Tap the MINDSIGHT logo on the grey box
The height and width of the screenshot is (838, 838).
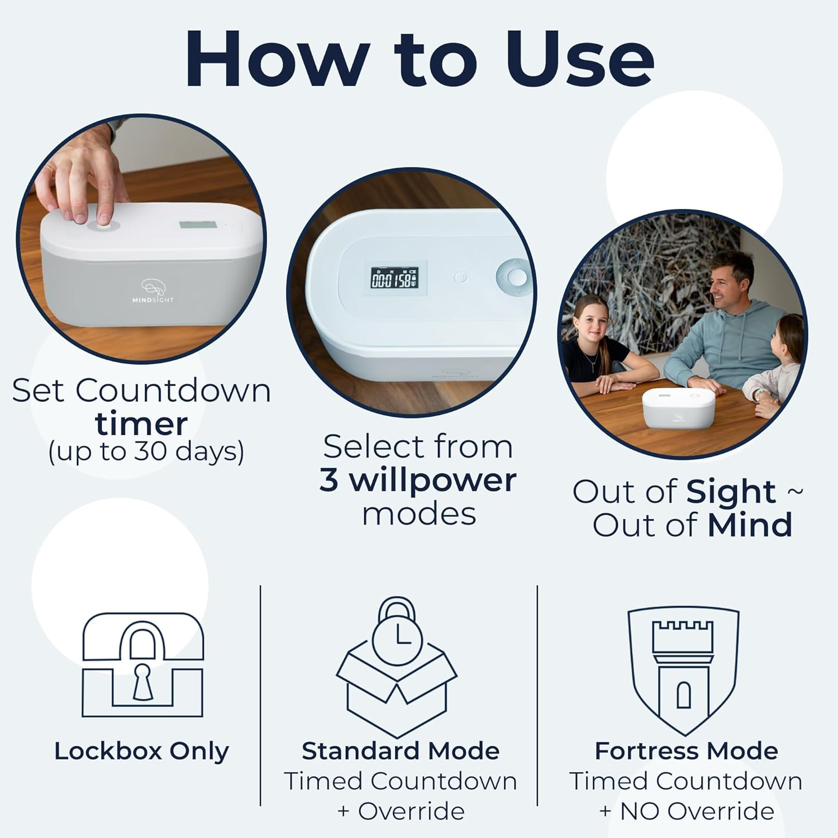[153, 291]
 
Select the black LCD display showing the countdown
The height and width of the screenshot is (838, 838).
[394, 278]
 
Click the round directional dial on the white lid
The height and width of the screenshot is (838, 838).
[515, 276]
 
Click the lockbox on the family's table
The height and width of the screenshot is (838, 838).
[678, 406]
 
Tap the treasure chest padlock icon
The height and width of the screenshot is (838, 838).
[142, 665]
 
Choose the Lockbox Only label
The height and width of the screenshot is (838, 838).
[141, 751]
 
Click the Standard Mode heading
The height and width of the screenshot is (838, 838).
[400, 751]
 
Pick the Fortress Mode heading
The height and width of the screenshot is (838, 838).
[686, 751]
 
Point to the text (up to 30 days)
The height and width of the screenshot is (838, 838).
[146, 451]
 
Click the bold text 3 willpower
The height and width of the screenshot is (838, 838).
[418, 480]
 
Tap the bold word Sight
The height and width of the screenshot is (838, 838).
[731, 492]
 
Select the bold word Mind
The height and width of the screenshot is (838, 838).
[750, 525]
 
